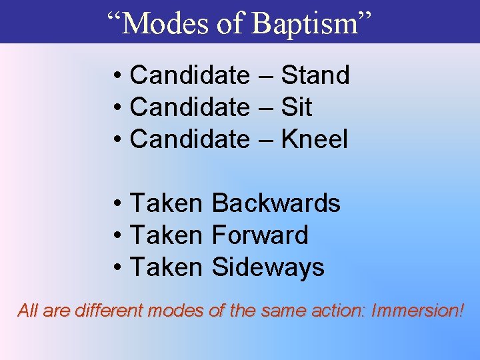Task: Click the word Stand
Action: [x=315, y=75]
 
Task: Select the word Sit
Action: [x=296, y=107]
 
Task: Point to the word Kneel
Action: [x=314, y=139]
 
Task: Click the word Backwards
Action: [x=275, y=203]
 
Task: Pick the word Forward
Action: [x=259, y=235]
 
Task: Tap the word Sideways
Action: [x=267, y=267]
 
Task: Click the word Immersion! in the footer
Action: [x=417, y=310]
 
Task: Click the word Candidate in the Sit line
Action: [x=189, y=107]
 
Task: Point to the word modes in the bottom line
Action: [x=173, y=310]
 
